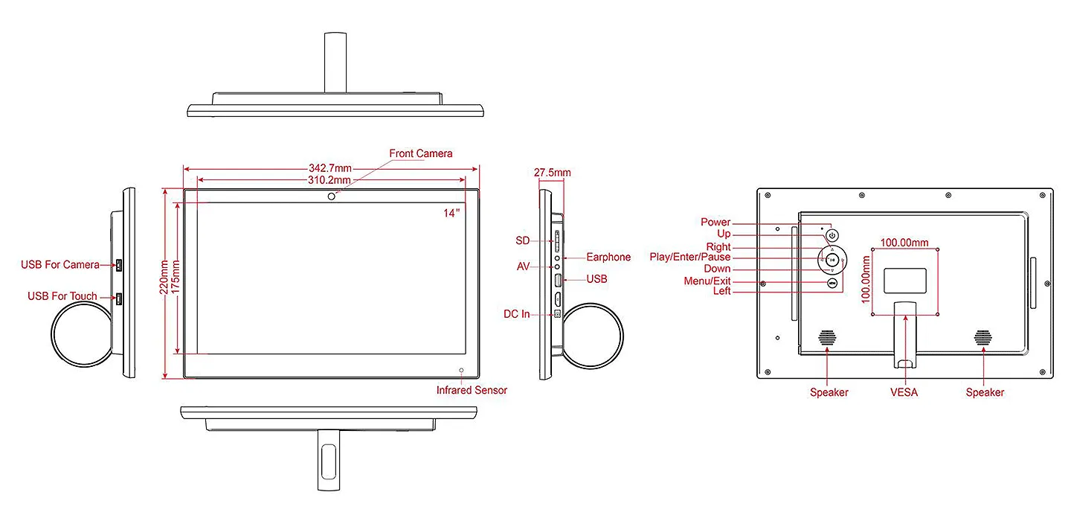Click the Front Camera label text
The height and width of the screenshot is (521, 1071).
coord(420,153)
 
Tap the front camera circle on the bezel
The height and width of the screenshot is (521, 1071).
coord(332,196)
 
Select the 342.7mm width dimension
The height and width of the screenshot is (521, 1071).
coord(330,168)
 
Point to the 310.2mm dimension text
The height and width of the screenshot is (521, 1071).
coord(329,180)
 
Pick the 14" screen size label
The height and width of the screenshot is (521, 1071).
coord(452,213)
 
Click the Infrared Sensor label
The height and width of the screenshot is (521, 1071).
coord(472,390)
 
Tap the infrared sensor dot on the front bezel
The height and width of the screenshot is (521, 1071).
coord(461,370)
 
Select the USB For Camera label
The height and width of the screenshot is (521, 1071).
coord(60,265)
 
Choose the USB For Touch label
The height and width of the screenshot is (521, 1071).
coord(62,296)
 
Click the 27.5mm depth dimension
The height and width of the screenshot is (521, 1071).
coord(552,173)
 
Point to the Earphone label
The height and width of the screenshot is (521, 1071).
coord(608,258)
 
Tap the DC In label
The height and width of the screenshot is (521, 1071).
coord(516,314)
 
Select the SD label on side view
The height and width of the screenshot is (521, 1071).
coord(522,240)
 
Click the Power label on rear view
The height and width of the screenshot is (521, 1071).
coord(715,223)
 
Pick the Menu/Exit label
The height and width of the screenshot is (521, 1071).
coord(707,281)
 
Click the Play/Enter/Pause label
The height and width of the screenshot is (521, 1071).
coord(690,258)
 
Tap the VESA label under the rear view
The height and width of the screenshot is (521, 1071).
coord(904,392)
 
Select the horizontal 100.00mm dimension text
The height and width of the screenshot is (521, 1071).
coord(904,243)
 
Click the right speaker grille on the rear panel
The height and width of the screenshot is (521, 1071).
coord(983,337)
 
